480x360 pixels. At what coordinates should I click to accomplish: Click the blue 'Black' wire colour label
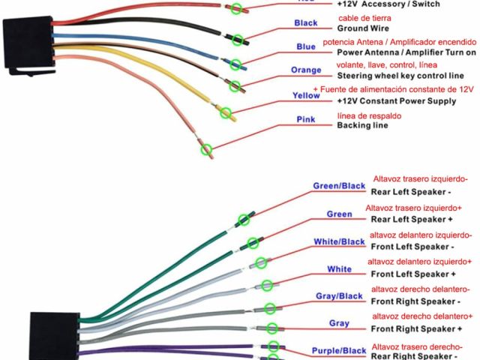(306, 23)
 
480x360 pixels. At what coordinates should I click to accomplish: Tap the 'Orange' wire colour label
(306, 70)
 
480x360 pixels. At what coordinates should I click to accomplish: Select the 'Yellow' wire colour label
(306, 96)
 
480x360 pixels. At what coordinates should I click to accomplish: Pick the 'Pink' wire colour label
(306, 119)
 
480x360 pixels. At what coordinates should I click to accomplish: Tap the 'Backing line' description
(364, 125)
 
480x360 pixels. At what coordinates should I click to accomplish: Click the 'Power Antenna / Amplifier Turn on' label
(406, 52)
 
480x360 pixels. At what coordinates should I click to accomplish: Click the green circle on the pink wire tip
(206, 150)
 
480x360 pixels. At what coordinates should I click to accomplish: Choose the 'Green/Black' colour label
(339, 186)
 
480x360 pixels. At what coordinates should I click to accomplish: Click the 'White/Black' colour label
(339, 241)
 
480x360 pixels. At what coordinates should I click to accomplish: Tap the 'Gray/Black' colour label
(340, 296)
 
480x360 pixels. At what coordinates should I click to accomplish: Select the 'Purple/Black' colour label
(339, 350)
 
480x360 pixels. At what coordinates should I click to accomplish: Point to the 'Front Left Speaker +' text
(412, 274)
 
